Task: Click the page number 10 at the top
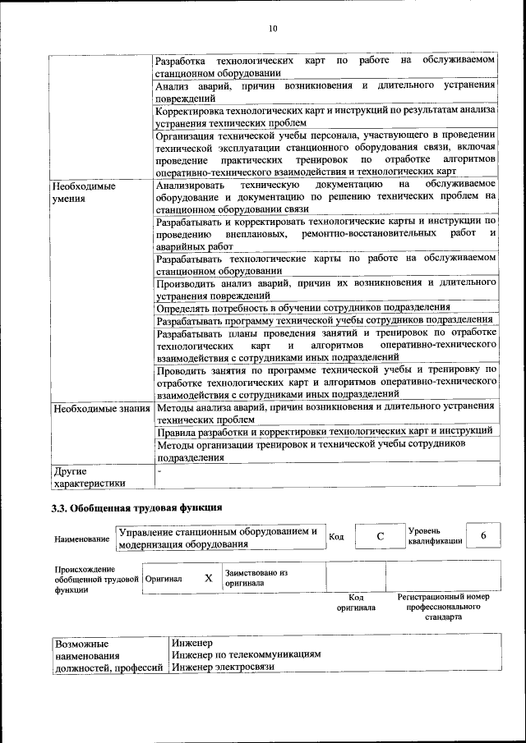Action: point(273,29)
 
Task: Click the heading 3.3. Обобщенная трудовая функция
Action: point(137,508)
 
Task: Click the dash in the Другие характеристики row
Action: point(160,471)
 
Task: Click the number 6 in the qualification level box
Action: point(483,535)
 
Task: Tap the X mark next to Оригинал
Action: point(208,578)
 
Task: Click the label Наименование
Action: point(82,539)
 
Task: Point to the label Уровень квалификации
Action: point(435,536)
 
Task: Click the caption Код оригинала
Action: point(356,603)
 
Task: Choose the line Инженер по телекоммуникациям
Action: point(246,654)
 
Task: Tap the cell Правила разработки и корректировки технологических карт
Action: point(324,430)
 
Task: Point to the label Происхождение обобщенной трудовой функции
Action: point(92,579)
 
